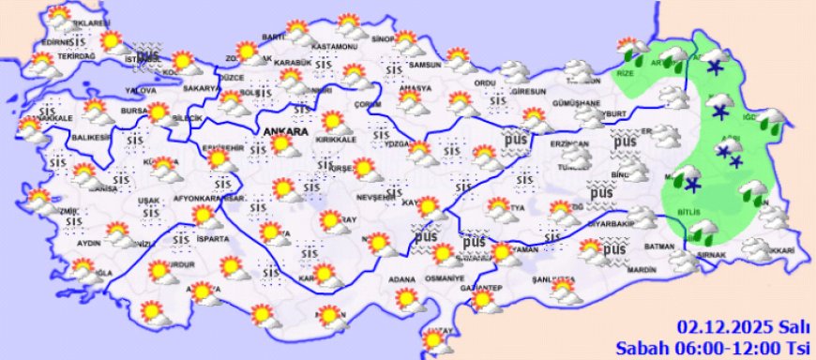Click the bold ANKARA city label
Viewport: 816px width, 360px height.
tap(287, 132)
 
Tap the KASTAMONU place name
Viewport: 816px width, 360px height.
tap(336, 47)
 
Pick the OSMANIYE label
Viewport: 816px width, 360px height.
tap(445, 278)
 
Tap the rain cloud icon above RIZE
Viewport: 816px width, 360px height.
tap(630, 49)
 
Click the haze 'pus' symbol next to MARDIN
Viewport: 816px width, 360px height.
tap(614, 250)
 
